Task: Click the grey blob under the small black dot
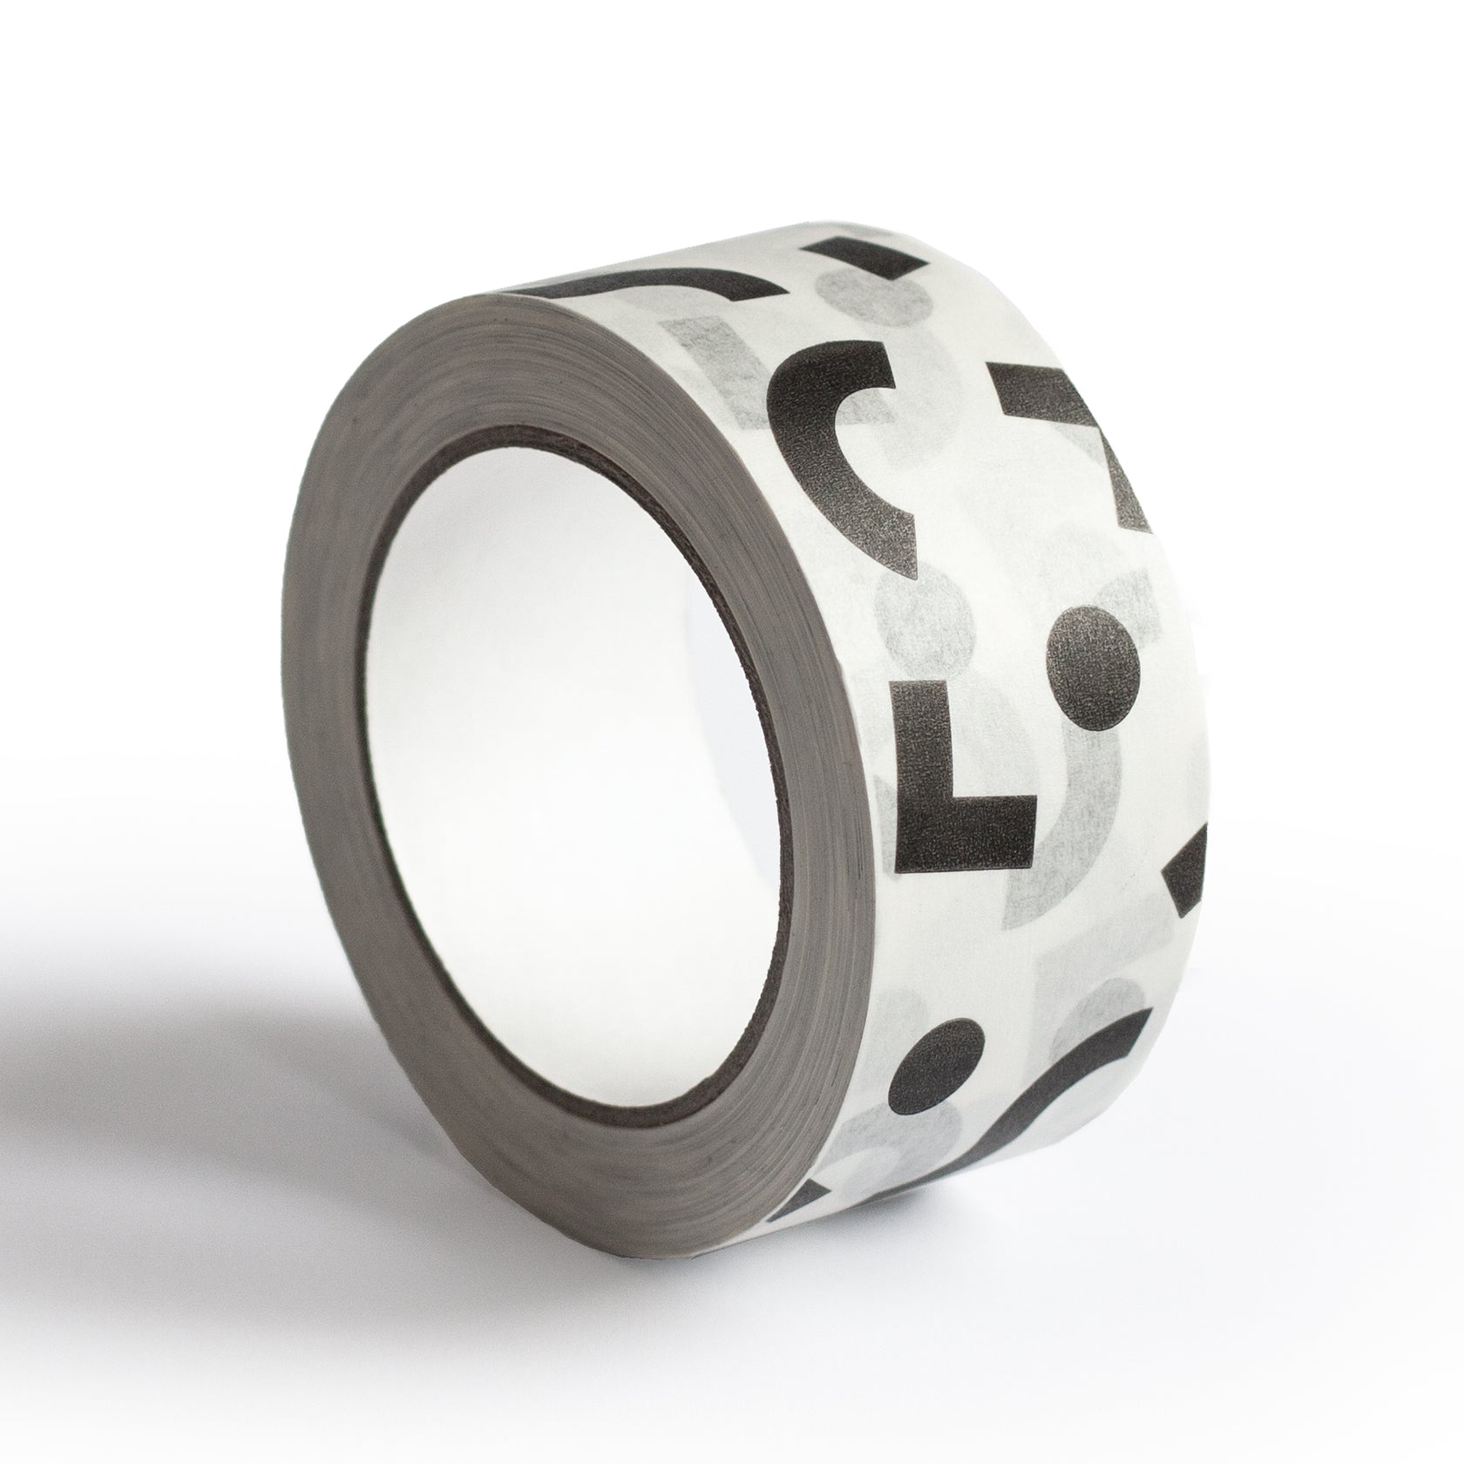871,1150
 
